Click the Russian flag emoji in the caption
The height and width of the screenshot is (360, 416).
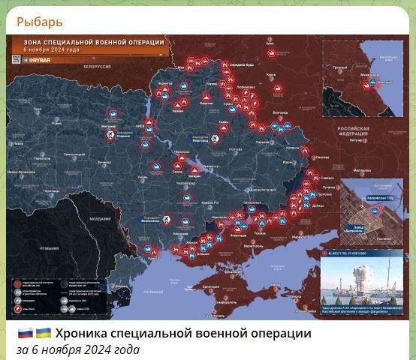pos(24,333)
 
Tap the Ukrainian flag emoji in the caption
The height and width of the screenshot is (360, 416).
pos(44,333)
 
